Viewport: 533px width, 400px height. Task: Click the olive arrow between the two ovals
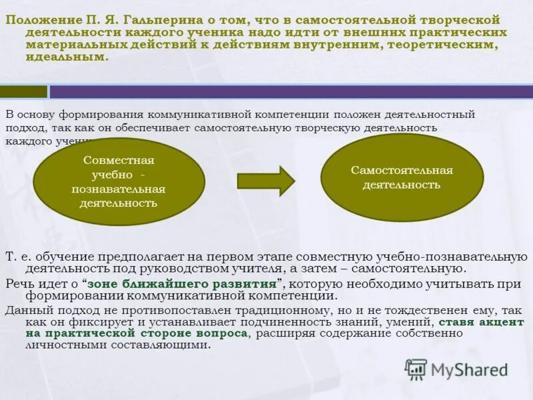point(266,181)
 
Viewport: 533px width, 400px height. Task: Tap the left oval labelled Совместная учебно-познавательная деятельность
point(119,181)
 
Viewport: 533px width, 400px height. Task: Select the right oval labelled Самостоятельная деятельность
point(402,177)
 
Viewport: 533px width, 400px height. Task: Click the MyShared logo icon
point(416,369)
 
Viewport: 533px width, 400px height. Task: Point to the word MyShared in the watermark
point(468,369)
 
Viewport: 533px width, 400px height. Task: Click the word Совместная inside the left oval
point(119,161)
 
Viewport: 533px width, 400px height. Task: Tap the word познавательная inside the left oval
point(119,189)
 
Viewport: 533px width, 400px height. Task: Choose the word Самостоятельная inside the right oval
point(402,170)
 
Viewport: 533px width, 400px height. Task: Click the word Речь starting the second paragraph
point(18,283)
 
